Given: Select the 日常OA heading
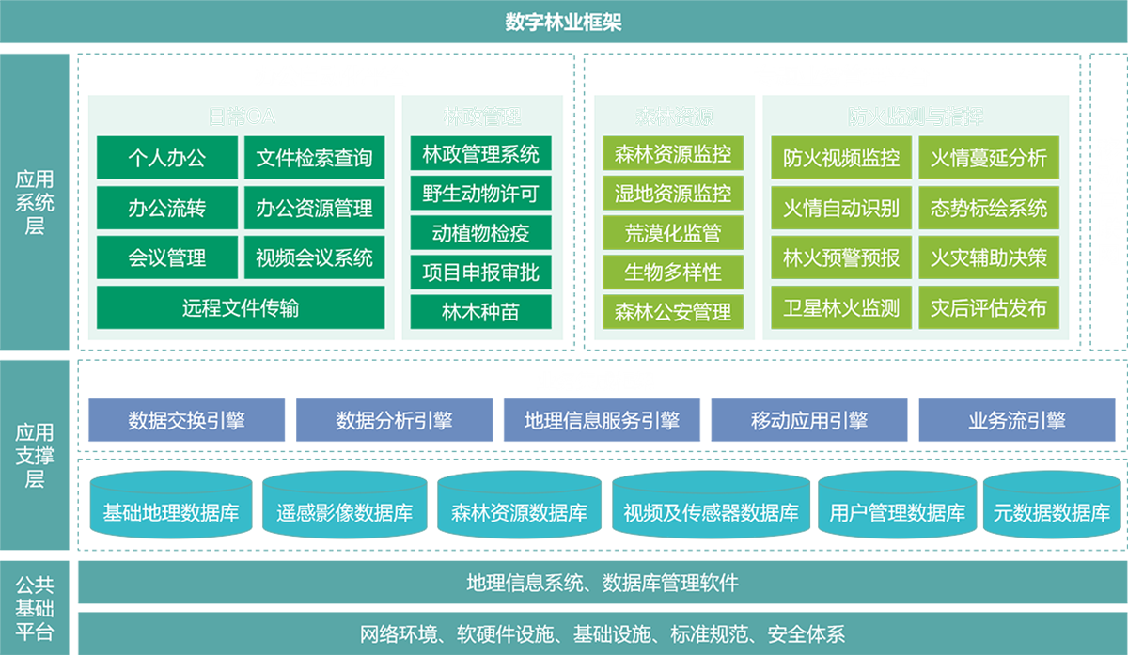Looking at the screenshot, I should (242, 117).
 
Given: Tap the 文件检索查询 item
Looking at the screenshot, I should (314, 159).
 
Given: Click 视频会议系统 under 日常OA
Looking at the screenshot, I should (314, 257).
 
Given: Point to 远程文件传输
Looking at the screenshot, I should (241, 307).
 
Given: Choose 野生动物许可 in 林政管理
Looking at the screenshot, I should (481, 195).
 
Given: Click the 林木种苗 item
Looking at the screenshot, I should (481, 312).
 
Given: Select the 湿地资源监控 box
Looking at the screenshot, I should (673, 194).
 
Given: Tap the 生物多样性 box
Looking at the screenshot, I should (673, 273).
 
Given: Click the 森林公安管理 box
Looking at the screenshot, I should (673, 311).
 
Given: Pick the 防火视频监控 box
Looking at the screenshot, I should (841, 158).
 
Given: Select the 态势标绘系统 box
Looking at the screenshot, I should (989, 208).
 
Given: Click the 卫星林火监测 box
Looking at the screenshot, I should (841, 307).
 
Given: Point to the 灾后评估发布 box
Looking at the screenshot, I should (989, 307).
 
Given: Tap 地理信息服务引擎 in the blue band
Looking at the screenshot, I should (602, 421).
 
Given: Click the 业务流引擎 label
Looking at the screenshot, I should (1017, 421).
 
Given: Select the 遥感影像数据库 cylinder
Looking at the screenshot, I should (345, 513).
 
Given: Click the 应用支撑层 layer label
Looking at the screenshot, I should (35, 456).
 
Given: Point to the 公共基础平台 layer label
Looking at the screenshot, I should (35, 608).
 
